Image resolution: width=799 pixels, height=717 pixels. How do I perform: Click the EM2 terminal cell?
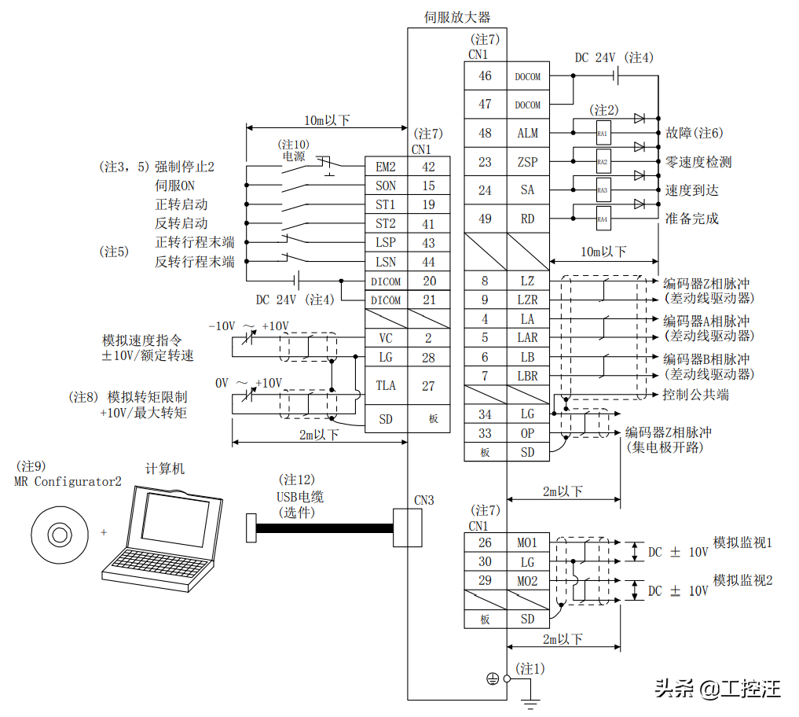click(386, 167)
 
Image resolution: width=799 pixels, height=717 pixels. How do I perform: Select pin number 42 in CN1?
click(428, 167)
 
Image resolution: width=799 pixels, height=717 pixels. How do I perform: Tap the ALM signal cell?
click(527, 134)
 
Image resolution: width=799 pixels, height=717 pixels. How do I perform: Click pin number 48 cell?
click(485, 134)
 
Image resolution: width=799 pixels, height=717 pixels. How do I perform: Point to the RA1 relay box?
click(603, 134)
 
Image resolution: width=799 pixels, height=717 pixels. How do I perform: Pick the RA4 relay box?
click(603, 219)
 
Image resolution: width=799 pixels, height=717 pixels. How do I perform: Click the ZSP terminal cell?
click(527, 162)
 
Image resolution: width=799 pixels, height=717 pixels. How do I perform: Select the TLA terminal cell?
click(386, 386)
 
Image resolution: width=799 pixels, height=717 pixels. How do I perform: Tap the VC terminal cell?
click(386, 339)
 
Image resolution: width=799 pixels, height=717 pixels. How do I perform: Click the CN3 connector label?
click(424, 500)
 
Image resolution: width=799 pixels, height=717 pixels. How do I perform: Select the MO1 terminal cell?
click(527, 543)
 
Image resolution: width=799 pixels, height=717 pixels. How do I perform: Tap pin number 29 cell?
click(485, 581)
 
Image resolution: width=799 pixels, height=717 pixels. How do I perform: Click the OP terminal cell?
click(527, 433)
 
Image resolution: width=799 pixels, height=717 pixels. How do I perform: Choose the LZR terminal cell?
click(527, 300)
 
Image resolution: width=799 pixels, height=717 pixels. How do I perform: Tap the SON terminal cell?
click(386, 186)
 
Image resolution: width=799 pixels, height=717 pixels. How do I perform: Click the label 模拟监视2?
click(742, 580)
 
